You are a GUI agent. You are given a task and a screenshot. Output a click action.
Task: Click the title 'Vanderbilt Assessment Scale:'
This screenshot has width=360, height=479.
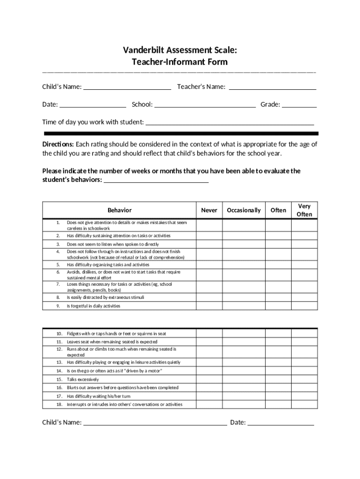180,50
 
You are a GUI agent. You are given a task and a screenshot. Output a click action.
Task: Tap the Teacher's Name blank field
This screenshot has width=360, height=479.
273,87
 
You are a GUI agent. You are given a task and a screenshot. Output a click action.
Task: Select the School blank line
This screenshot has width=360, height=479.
205,105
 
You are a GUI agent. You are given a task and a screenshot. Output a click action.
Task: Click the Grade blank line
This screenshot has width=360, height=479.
299,105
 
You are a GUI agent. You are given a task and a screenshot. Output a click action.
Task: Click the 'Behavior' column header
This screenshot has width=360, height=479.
119,210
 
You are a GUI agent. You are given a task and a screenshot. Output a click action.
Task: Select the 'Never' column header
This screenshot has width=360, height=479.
209,210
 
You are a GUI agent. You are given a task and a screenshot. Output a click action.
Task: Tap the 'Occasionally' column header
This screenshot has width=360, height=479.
244,210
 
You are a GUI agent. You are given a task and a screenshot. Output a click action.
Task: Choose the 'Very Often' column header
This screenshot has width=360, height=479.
304,210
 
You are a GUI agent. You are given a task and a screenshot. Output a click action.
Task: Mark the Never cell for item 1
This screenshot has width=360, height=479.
209,225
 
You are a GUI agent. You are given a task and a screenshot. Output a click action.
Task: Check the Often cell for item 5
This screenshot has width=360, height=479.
278,265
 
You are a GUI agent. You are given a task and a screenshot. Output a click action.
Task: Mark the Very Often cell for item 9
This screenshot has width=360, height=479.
304,306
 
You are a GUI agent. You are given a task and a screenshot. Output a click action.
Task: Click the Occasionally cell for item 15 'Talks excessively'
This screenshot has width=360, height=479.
244,379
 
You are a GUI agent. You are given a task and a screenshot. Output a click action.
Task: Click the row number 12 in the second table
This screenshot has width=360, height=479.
59,349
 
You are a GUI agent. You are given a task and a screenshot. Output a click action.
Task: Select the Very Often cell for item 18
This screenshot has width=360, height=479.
304,405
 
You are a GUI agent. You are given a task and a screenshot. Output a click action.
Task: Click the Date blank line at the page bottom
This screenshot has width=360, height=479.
281,423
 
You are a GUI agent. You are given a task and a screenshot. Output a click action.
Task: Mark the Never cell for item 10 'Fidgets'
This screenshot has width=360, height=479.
209,334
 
